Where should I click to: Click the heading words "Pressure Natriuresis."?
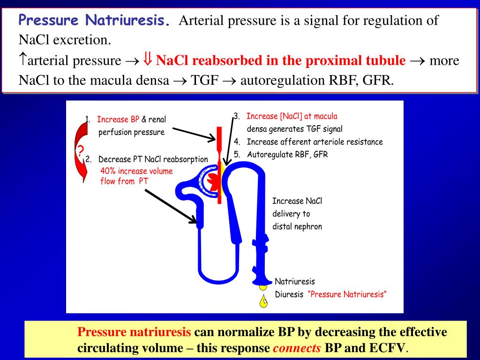(94, 21)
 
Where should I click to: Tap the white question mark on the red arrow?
(81, 151)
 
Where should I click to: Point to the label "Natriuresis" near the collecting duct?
(294, 282)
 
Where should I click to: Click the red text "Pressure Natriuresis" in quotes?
(348, 294)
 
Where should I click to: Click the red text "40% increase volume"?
(136, 171)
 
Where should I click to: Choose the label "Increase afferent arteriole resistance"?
(315, 142)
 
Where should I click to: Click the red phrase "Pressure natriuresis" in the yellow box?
(134, 332)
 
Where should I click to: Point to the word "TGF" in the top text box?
(205, 81)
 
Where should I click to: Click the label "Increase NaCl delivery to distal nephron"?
(297, 214)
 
